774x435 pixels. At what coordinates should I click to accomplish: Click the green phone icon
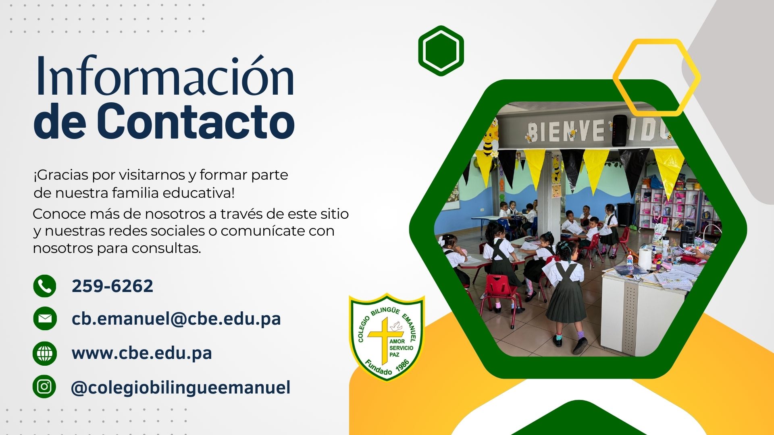point(45,286)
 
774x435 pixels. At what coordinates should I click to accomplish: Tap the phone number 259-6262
point(112,286)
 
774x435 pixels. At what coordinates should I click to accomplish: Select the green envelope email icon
point(45,319)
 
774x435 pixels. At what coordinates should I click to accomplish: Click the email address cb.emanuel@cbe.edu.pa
point(176,319)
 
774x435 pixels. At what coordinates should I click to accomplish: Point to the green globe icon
point(45,353)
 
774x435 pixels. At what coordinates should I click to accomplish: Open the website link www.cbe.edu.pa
point(141,353)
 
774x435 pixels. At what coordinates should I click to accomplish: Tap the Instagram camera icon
point(45,387)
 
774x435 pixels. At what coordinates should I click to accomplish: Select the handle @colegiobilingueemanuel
point(181,387)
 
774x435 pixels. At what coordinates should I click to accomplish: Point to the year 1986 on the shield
point(402,366)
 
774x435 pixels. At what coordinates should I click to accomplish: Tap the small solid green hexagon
point(441,51)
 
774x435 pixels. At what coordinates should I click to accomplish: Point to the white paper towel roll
point(645,259)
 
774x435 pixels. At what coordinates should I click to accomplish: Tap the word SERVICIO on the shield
point(402,348)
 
